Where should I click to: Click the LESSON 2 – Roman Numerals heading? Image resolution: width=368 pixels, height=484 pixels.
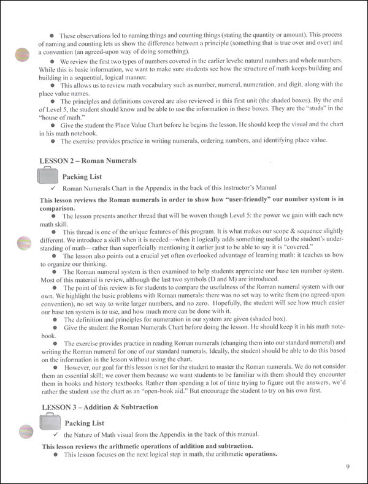tap(88, 161)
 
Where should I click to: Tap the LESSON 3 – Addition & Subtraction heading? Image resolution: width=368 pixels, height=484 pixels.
tap(98, 407)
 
